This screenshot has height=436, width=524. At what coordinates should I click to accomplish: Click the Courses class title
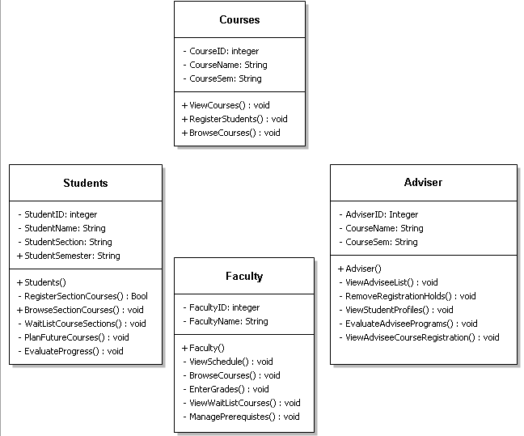(x=239, y=19)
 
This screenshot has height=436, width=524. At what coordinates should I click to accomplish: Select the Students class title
(x=86, y=183)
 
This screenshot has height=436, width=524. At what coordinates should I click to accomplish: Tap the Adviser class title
(x=423, y=182)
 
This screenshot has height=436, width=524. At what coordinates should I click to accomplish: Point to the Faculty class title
(x=244, y=276)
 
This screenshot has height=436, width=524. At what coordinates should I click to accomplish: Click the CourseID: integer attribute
(x=224, y=51)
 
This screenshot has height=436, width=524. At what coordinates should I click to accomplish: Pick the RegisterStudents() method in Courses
(x=235, y=119)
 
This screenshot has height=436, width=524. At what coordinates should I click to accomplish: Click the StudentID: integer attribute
(x=61, y=214)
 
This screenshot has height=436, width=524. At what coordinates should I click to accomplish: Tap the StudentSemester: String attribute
(x=72, y=256)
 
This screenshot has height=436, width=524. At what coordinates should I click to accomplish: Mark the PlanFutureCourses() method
(x=76, y=337)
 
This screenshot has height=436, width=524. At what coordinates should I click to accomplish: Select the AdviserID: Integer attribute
(x=382, y=214)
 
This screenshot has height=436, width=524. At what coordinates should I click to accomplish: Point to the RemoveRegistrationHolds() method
(x=411, y=296)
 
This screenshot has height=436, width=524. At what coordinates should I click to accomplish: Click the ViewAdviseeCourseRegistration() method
(x=422, y=337)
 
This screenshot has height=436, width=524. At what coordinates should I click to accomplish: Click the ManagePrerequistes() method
(x=243, y=417)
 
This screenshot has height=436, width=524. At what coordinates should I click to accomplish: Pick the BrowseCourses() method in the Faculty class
(x=234, y=375)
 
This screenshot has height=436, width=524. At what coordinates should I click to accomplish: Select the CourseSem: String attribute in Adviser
(x=382, y=242)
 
